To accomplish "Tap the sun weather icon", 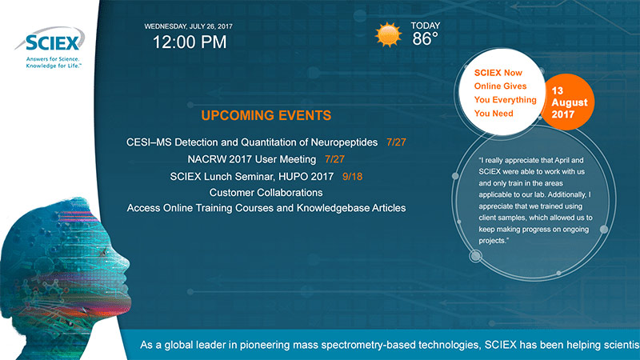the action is click(x=388, y=34).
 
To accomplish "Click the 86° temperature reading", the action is click(x=425, y=39).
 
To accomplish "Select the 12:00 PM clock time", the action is click(x=190, y=42).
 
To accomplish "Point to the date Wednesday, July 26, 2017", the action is click(x=188, y=26).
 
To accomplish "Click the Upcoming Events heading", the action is click(x=266, y=115).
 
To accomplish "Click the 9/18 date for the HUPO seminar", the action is click(x=352, y=176).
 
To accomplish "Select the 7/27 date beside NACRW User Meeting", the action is click(x=334, y=159).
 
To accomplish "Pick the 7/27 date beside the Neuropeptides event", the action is click(x=396, y=142).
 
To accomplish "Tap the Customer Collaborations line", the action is click(x=266, y=193).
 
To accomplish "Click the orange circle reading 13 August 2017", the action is click(x=568, y=102).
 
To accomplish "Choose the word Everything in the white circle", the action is click(x=514, y=100).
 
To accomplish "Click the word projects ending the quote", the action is click(x=492, y=241).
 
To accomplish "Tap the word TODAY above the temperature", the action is click(x=426, y=26).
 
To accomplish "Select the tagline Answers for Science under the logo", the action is click(x=53, y=59).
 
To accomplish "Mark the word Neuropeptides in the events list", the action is click(x=344, y=142).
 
